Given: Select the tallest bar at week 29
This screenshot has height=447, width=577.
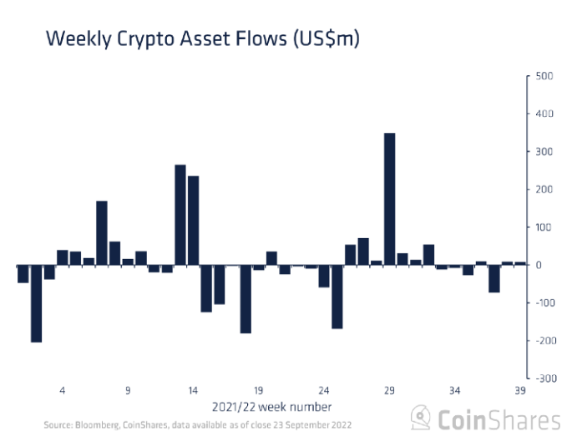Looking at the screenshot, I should click(389, 199).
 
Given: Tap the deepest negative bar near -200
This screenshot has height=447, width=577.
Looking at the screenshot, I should click(36, 303).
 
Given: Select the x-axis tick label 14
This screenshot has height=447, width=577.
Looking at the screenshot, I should click(193, 390).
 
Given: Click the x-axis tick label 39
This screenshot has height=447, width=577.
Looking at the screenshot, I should click(519, 390).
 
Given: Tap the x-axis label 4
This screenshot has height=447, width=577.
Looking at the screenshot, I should click(63, 390).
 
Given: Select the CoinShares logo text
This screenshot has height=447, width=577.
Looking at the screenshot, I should click(499, 419).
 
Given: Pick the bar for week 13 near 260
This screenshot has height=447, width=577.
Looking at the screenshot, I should click(180, 215).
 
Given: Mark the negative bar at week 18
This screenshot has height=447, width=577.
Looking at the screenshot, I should click(245, 299).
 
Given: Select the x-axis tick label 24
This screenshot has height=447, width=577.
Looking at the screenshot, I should click(323, 390).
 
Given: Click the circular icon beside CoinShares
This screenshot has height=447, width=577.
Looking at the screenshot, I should click(422, 418).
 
